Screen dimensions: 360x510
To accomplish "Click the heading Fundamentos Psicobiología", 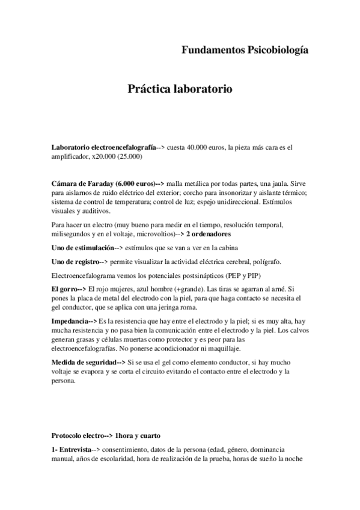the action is pos(245,51).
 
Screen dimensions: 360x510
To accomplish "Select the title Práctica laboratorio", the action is pos(180,90).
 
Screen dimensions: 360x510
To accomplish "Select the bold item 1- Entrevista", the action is pos(72,449).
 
